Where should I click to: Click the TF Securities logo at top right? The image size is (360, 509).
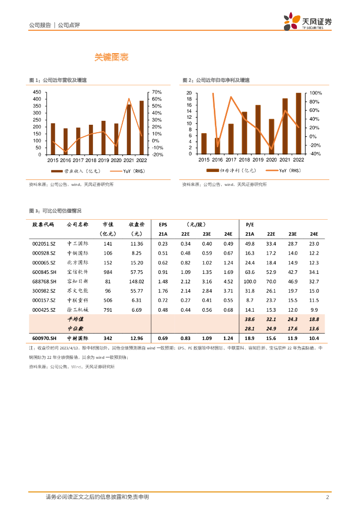(307, 22)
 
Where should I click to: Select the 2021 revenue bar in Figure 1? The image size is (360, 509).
(129, 129)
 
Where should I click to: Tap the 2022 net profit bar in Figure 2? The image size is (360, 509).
(298, 123)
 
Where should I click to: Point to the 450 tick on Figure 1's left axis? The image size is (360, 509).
(37, 92)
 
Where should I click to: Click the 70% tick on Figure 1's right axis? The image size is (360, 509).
(157, 92)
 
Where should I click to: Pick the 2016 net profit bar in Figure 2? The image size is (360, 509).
(217, 146)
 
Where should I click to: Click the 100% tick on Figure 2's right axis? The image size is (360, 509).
(316, 93)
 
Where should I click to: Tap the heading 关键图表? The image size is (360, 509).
(112, 58)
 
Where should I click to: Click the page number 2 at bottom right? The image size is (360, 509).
(327, 497)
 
